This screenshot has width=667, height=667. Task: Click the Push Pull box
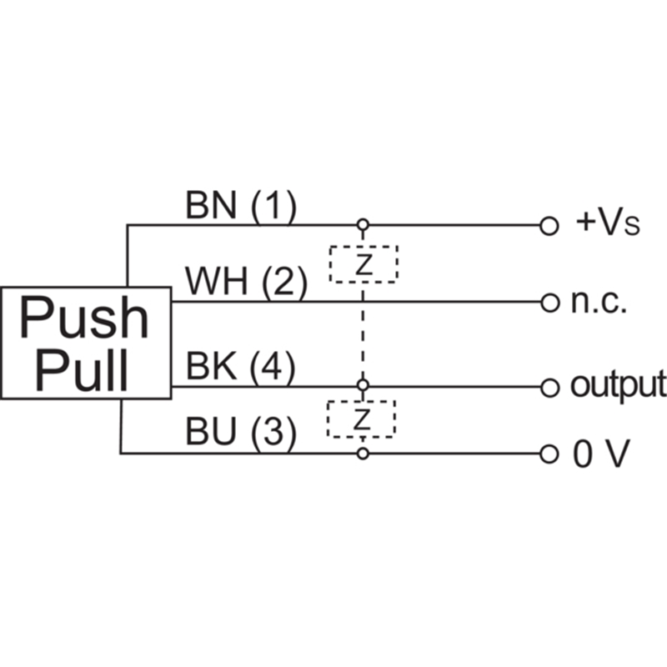(85, 343)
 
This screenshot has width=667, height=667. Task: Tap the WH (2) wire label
(246, 283)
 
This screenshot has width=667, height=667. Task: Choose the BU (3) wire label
(240, 434)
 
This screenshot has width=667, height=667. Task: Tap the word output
(618, 385)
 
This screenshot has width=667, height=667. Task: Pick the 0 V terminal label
(599, 454)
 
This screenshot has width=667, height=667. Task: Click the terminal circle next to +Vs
(548, 225)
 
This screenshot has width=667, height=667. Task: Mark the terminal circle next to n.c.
(548, 302)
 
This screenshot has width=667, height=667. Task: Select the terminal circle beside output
(548, 387)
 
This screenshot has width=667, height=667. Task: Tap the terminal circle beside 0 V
(548, 454)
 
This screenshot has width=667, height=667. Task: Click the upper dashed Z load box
(363, 263)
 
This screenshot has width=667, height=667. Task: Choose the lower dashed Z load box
(361, 419)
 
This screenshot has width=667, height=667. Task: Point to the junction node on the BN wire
(362, 225)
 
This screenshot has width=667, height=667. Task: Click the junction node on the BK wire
(362, 386)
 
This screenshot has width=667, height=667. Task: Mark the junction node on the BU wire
(362, 454)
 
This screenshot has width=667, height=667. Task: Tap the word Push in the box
(83, 318)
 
